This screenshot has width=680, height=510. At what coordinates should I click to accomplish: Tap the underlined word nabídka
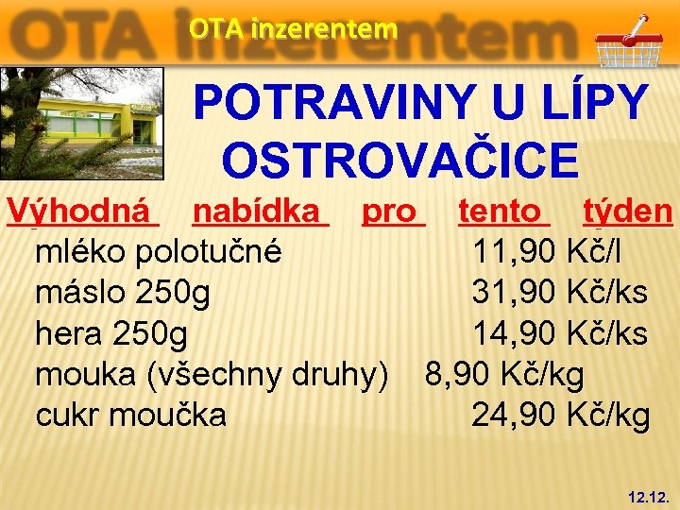(260, 211)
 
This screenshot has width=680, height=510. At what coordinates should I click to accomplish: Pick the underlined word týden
(628, 211)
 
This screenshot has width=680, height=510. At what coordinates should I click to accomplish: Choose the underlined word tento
(503, 211)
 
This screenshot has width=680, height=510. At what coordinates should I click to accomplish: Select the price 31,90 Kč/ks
(560, 293)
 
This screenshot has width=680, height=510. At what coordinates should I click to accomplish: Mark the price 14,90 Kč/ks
(560, 333)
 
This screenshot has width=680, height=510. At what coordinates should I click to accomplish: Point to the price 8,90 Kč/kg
(504, 374)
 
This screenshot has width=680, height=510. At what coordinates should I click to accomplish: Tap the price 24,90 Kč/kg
(560, 415)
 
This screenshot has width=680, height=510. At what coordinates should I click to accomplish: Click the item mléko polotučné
(157, 252)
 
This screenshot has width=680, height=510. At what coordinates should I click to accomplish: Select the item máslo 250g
(123, 293)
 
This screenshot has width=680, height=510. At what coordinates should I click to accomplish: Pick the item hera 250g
(111, 333)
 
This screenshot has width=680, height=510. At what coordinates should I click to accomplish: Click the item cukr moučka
(130, 415)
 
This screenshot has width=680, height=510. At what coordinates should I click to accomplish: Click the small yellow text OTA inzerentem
(293, 29)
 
